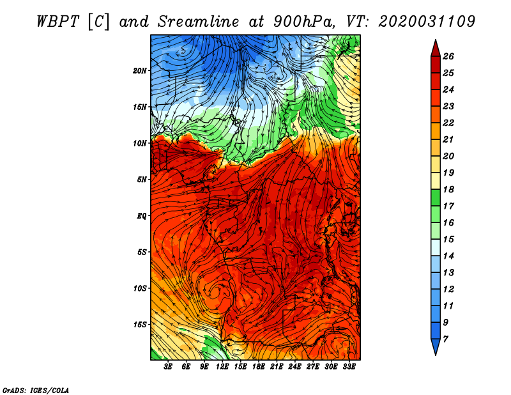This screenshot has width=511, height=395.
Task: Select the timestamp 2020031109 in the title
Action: [427, 21]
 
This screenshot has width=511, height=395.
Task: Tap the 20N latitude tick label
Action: [140, 70]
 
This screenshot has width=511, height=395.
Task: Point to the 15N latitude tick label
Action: [140, 107]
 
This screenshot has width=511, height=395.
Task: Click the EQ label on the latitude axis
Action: [142, 216]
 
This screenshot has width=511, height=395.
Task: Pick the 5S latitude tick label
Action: [142, 252]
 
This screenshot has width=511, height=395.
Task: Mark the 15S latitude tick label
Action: [140, 325]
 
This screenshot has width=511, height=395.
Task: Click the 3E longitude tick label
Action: [169, 367]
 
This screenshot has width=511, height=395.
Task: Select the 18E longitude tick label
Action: [259, 367]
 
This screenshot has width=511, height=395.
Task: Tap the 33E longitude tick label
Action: [349, 367]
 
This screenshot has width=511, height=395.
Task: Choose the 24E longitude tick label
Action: [294, 367]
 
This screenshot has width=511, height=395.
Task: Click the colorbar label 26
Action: [457, 56]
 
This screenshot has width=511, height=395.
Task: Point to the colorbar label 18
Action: [457, 189]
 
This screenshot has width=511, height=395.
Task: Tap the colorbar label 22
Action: [457, 123]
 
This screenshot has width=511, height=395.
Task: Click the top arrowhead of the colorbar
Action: [435, 47]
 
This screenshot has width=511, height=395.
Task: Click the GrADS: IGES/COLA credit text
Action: [35, 389]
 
